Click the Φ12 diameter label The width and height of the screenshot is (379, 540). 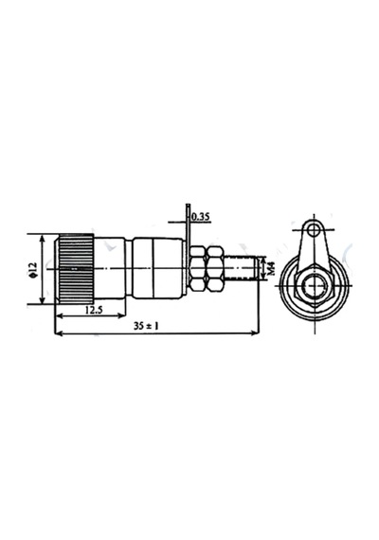[x=33, y=270]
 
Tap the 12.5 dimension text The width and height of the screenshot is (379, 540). [x=94, y=311]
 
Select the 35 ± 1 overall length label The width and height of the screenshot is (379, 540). [x=146, y=326]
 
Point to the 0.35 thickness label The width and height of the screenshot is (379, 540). [x=201, y=217]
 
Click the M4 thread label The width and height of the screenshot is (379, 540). [x=271, y=269]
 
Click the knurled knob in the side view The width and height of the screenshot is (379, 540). [x=75, y=269]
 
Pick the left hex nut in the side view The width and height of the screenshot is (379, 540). [x=198, y=268]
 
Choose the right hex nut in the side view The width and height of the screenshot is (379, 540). [x=215, y=268]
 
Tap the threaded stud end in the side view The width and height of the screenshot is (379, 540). [x=242, y=268]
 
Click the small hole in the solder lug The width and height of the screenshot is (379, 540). [x=314, y=229]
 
